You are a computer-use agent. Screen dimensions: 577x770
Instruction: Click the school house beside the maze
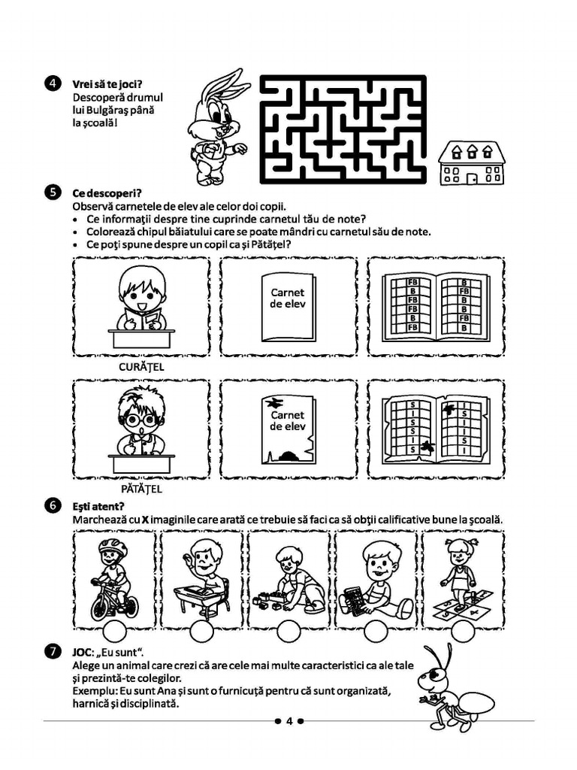[471, 163]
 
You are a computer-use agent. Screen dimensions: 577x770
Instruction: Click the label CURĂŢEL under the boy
[141, 368]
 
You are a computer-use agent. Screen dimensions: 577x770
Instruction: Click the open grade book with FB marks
[436, 305]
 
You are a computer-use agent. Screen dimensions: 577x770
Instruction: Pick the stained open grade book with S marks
[436, 427]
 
